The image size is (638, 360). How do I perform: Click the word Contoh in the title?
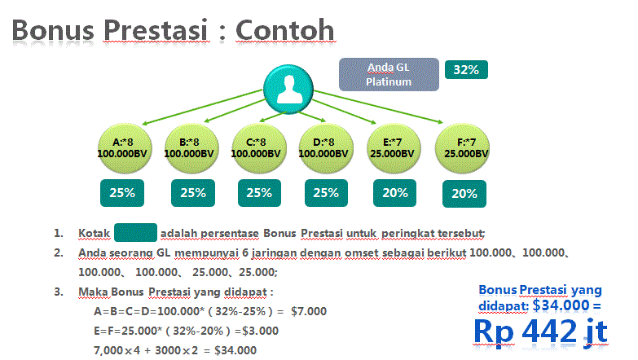point(284,29)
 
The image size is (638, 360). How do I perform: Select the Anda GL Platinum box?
point(388,74)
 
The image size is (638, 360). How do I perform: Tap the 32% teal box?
point(465,69)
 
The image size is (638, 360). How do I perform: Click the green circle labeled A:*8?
point(121,147)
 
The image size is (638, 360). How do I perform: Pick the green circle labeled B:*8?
point(189,147)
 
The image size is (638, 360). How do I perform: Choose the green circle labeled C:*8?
point(257,147)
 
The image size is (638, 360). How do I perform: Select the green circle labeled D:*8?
point(325,147)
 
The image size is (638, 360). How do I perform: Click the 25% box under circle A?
point(123,193)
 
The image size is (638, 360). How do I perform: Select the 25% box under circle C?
point(259,193)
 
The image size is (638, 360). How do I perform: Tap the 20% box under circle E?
point(395,193)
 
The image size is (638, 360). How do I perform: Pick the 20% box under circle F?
point(464,194)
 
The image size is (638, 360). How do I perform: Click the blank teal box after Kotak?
point(135,234)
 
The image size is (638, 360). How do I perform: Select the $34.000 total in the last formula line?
point(235,350)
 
